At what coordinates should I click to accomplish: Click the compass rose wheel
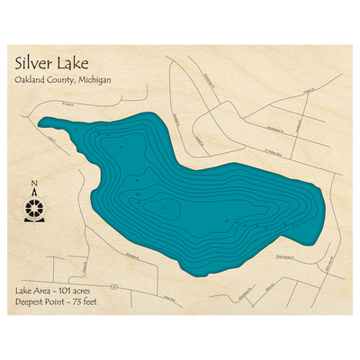click(34, 208)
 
